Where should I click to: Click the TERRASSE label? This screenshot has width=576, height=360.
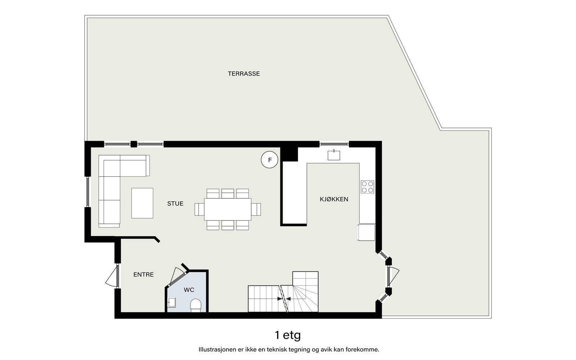(x=244, y=74)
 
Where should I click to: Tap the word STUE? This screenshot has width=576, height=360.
(x=175, y=204)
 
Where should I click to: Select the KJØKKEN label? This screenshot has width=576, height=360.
(x=334, y=199)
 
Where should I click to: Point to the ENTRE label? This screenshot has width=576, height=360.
(x=143, y=275)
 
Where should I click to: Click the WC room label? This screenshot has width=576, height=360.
(x=189, y=290)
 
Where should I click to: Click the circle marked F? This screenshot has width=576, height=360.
(x=270, y=160)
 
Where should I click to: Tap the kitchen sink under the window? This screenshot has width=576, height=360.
(x=334, y=155)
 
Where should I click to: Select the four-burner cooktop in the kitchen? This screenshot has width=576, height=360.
(x=367, y=187)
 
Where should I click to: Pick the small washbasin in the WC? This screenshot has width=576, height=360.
(x=172, y=302)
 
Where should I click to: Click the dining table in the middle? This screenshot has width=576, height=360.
(x=228, y=209)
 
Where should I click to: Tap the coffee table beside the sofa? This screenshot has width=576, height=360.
(x=142, y=203)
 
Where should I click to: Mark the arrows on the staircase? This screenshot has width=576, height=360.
(x=284, y=298)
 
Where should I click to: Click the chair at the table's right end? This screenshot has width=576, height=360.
(x=256, y=209)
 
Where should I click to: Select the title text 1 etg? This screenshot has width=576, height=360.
(x=288, y=335)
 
